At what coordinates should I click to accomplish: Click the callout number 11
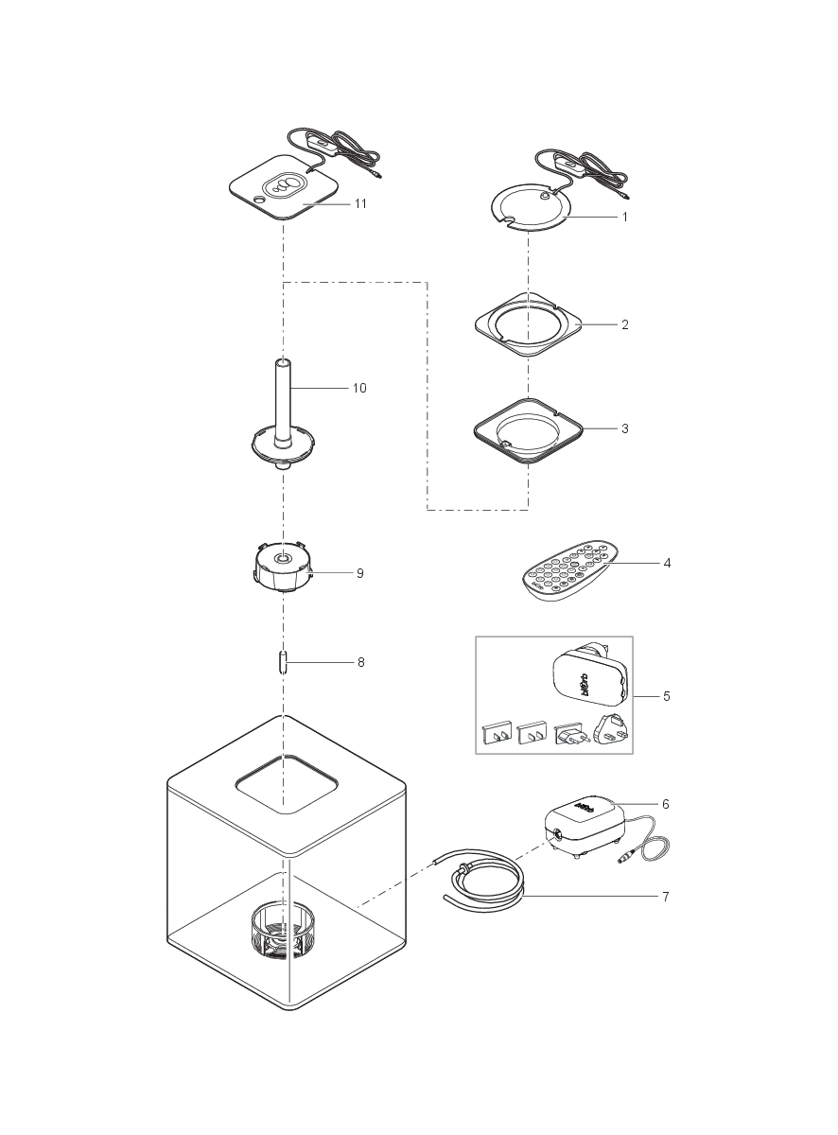coord(360,203)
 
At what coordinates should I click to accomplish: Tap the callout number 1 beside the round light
coord(624,217)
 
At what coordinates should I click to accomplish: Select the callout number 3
coord(624,428)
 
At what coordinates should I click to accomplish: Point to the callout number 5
coord(667,696)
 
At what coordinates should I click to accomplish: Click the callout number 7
coord(665,897)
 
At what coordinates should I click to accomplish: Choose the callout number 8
coord(360,663)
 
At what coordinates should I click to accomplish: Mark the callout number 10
coord(359,389)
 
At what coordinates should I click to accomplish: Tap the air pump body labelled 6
coord(579,819)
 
